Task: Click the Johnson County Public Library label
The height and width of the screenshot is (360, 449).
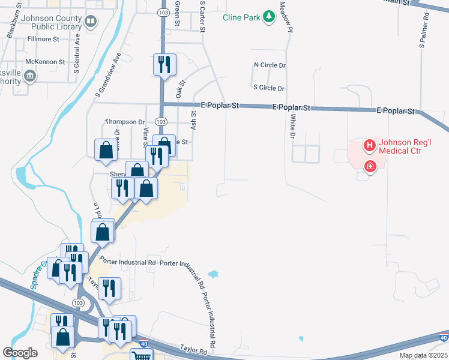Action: pyautogui.click(x=50, y=23)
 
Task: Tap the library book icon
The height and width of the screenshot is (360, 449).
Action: pyautogui.click(x=91, y=23)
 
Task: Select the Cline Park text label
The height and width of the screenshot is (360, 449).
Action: pyautogui.click(x=241, y=17)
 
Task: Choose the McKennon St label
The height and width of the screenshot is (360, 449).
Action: pyautogui.click(x=46, y=62)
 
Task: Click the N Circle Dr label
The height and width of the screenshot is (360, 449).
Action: pyautogui.click(x=270, y=65)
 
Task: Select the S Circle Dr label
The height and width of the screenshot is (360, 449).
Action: pyautogui.click(x=268, y=88)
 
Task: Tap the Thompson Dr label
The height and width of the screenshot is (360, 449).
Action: pyautogui.click(x=125, y=121)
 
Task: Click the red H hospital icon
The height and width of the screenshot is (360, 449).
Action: pyautogui.click(x=370, y=145)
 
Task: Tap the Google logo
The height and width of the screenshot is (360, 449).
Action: pyautogui.click(x=20, y=353)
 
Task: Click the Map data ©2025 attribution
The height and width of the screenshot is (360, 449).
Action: pyautogui.click(x=423, y=355)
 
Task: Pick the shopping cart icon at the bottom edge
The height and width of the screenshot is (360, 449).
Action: pyautogui.click(x=141, y=355)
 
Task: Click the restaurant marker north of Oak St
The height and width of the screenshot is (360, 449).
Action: pyautogui.click(x=164, y=64)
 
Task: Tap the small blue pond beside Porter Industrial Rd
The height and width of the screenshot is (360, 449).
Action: pyautogui.click(x=214, y=274)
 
